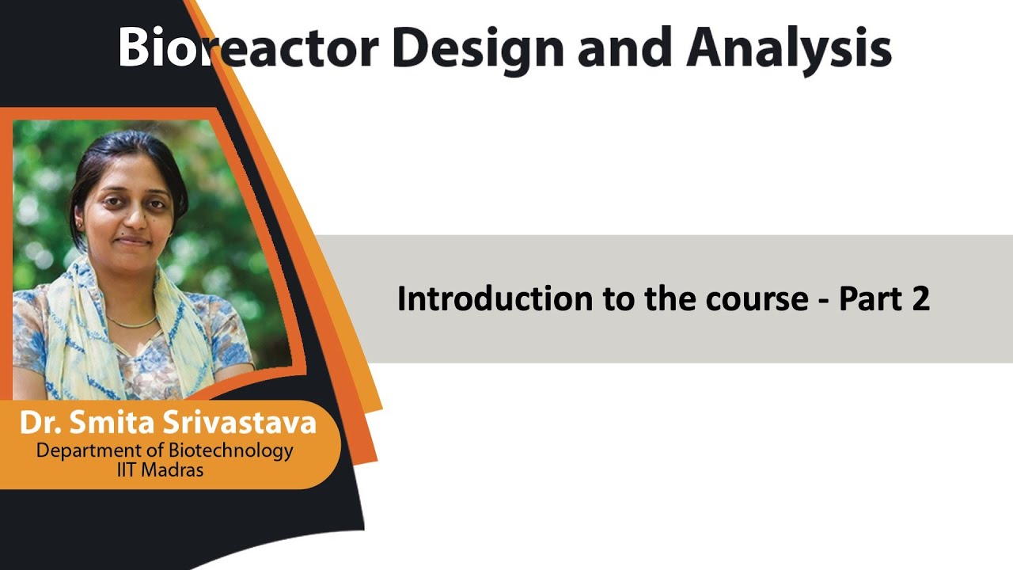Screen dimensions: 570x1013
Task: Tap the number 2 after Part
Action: pyautogui.click(x=920, y=299)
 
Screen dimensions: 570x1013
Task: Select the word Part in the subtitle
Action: pyautogui.click(x=871, y=299)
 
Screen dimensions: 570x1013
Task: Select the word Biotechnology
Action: pyautogui.click(x=230, y=450)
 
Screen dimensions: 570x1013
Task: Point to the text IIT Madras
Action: pyautogui.click(x=159, y=469)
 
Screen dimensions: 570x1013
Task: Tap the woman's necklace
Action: pyautogui.click(x=132, y=323)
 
